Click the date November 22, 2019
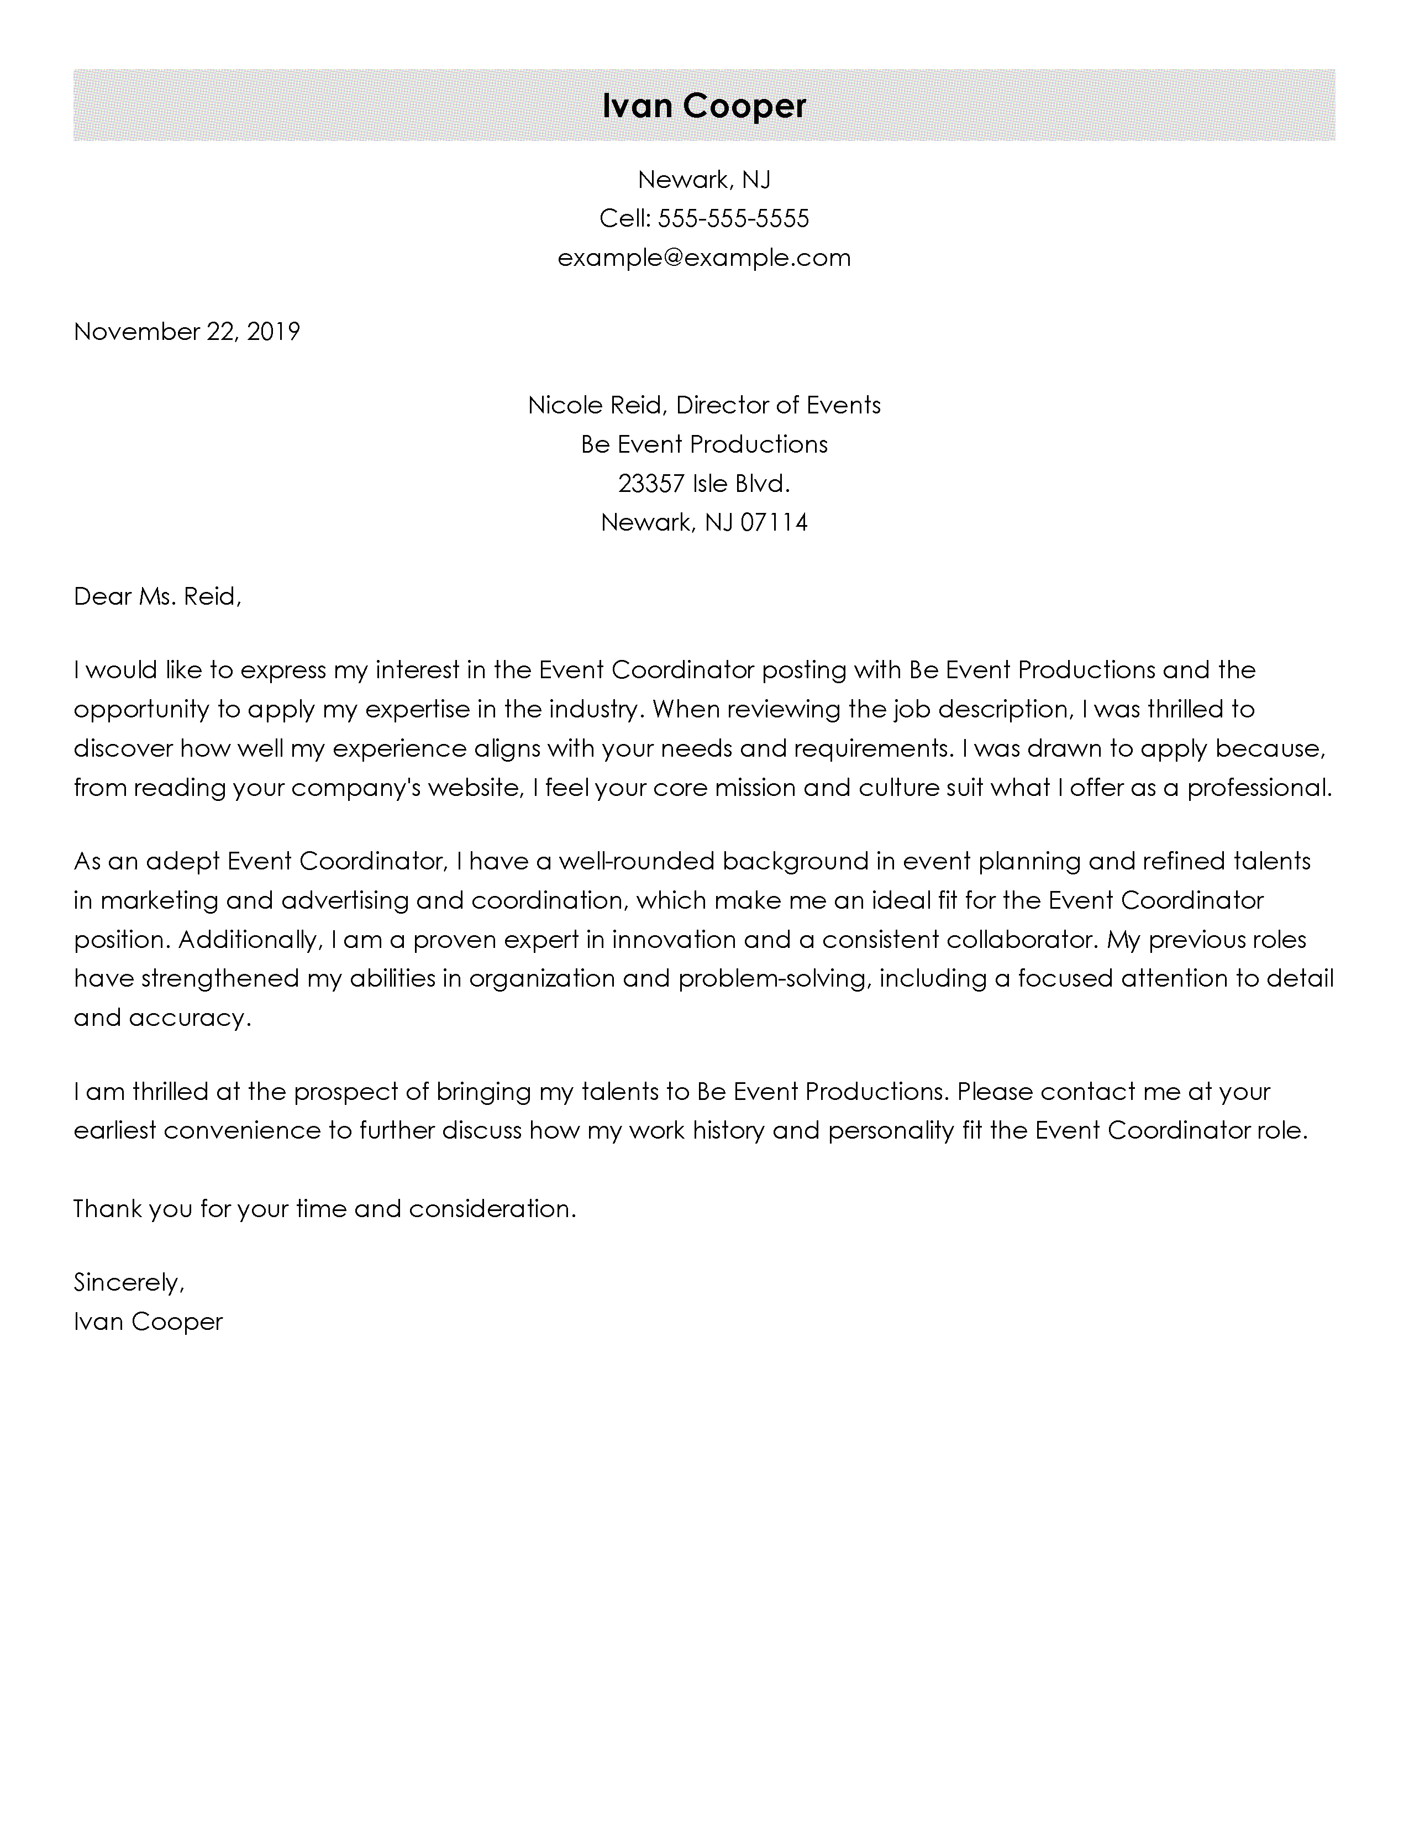pyautogui.click(x=186, y=332)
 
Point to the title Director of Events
pyautogui.click(x=778, y=405)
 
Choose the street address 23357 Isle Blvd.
pyautogui.click(x=703, y=484)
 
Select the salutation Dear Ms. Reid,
pyautogui.click(x=157, y=596)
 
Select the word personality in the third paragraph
pyautogui.click(x=891, y=1131)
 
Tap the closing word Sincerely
pyautogui.click(x=128, y=1282)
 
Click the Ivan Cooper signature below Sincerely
pyautogui.click(x=148, y=1321)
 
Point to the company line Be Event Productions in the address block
pyautogui.click(x=703, y=444)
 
